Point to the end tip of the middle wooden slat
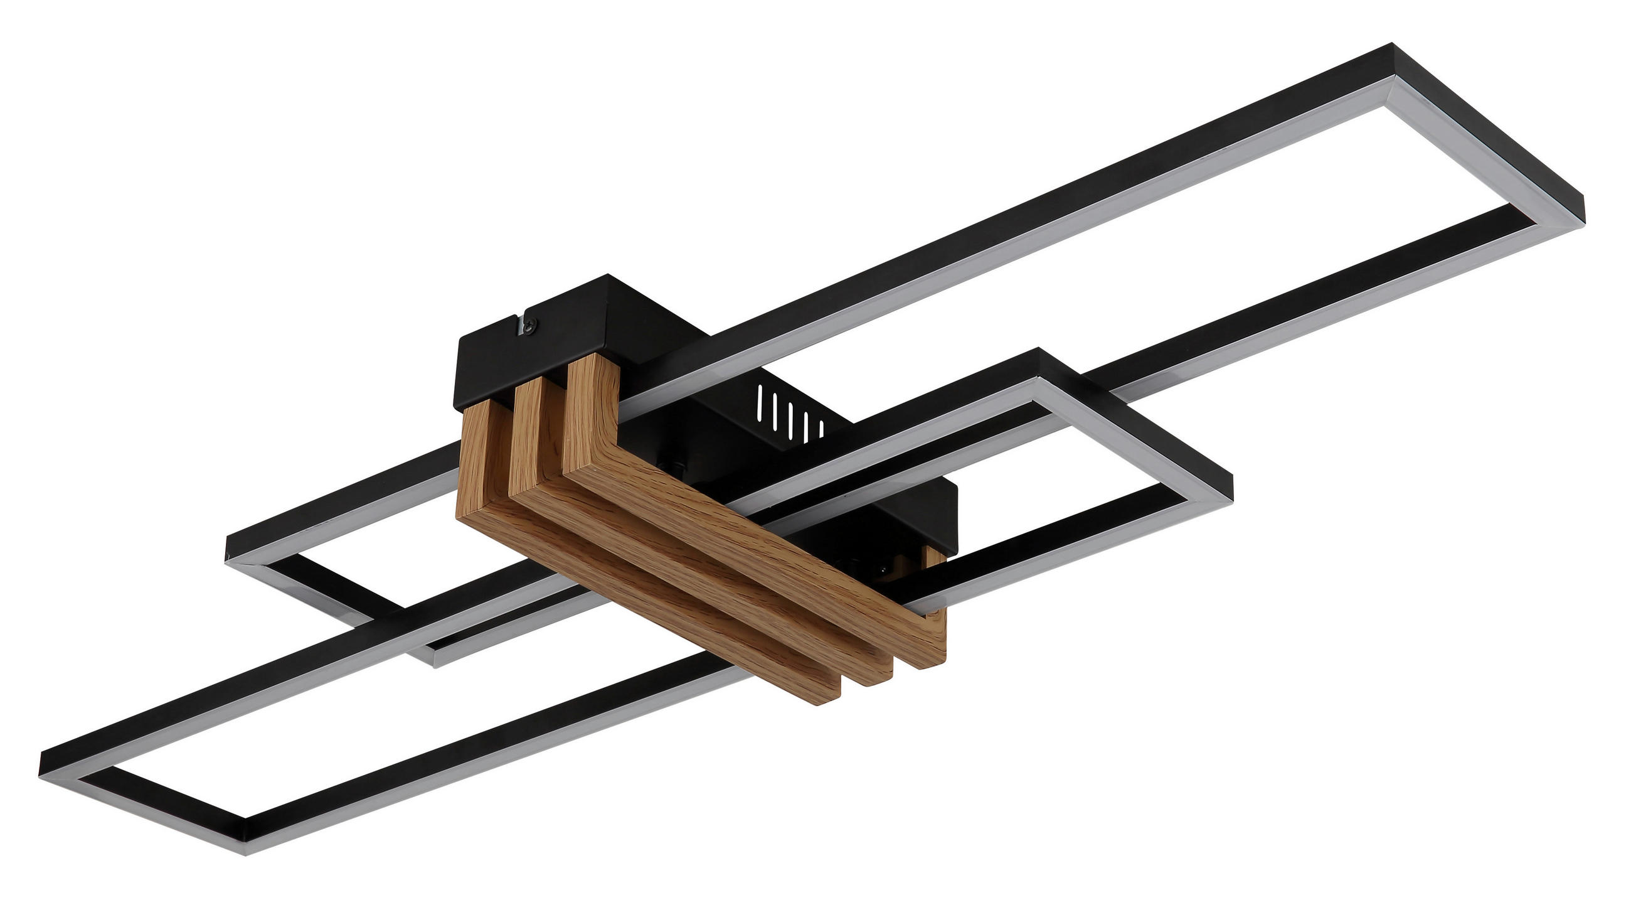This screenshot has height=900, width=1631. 874,679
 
